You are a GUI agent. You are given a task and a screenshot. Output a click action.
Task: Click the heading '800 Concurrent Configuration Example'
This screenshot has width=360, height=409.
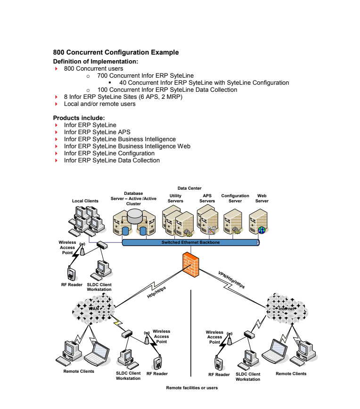[115, 53]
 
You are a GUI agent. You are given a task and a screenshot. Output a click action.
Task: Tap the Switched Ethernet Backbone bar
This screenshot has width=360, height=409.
[190, 242]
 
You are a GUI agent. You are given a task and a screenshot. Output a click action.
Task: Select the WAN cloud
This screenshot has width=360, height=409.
[94, 309]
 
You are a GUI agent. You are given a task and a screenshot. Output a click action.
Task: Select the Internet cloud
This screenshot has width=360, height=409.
[286, 309]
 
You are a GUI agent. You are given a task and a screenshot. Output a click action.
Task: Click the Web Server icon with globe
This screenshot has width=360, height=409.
[259, 222]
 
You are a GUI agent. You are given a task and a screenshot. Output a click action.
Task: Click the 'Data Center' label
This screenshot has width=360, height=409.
[189, 188]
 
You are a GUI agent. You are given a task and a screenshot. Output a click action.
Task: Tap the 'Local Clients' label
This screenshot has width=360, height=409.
[85, 201]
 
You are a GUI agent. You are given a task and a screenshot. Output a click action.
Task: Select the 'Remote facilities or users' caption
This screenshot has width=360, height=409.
[192, 388]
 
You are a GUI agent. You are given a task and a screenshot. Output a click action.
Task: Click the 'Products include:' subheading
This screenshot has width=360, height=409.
[79, 118]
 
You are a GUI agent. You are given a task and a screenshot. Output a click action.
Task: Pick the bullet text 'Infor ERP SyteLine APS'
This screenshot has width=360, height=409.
[97, 132]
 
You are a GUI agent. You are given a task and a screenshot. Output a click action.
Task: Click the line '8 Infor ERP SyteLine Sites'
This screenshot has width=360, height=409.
[123, 97]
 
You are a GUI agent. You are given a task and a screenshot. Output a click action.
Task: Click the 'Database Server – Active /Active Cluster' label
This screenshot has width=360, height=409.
[133, 198]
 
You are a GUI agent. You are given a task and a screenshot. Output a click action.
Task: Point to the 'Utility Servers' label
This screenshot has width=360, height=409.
[175, 198]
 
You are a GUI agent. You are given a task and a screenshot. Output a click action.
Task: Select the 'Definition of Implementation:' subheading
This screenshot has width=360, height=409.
[95, 62]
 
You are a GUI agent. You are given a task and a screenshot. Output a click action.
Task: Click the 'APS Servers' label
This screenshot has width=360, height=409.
[207, 198]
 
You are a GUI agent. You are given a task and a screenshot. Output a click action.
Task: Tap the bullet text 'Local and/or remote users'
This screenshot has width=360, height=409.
[99, 104]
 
